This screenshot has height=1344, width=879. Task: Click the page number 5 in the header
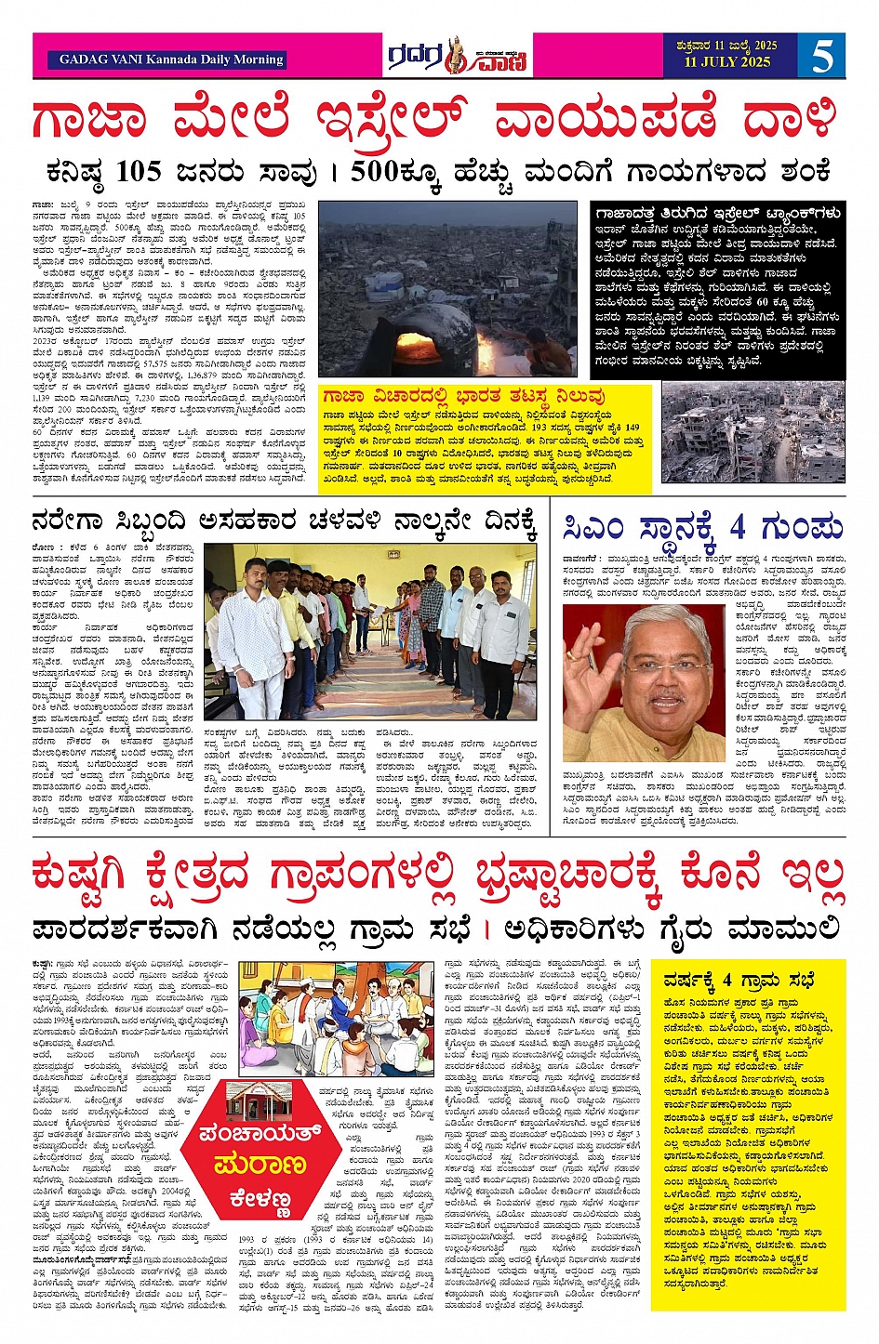tap(822, 56)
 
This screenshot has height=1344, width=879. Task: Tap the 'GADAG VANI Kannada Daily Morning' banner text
tap(171, 59)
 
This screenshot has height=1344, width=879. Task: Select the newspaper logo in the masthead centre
tap(459, 56)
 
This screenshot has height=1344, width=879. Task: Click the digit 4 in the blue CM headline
tap(738, 527)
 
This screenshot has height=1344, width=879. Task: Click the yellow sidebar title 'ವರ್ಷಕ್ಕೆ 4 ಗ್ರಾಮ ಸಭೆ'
tap(739, 981)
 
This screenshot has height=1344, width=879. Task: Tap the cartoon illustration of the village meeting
tap(336, 1019)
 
